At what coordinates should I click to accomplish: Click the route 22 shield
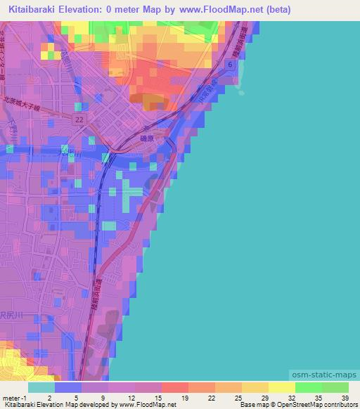79,120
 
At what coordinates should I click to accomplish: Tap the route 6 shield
230,64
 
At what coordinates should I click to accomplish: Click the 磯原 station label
165,140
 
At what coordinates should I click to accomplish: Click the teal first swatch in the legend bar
41,387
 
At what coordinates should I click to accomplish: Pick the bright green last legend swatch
335,387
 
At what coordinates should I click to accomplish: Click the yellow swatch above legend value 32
281,387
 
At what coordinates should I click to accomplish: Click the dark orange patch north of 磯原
151,100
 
